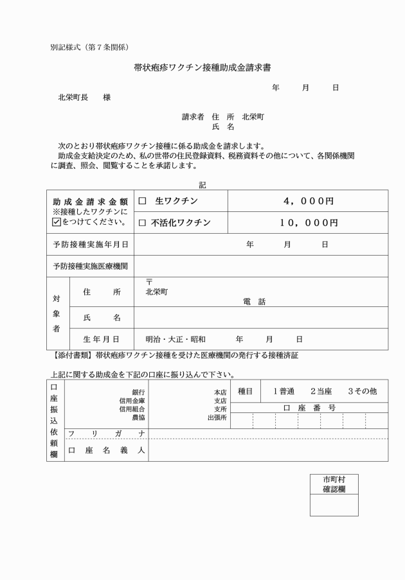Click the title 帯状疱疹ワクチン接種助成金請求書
[202, 67]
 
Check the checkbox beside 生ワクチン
[143, 202]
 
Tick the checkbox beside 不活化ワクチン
[143, 224]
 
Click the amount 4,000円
[308, 201]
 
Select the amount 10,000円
[308, 223]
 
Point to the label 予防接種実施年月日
[90, 245]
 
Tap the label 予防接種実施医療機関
[90, 267]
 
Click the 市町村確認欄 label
[334, 484]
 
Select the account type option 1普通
[283, 391]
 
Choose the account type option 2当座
[321, 391]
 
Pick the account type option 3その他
[362, 391]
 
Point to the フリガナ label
[106, 434]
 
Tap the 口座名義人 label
[106, 450]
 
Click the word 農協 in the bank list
[138, 417]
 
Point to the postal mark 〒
[150, 282]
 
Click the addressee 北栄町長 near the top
[73, 98]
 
